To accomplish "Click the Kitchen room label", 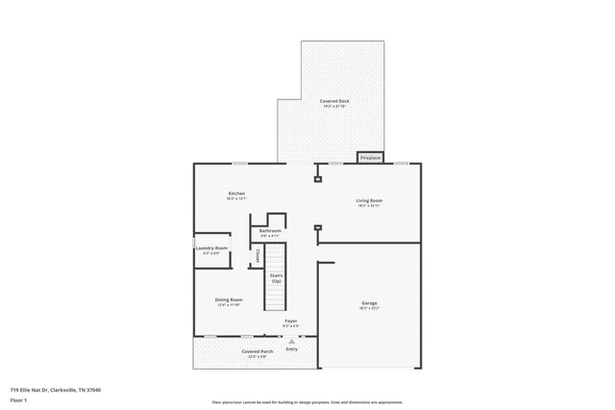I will (x=236, y=193).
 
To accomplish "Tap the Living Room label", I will (x=370, y=200).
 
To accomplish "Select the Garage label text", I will (x=369, y=302).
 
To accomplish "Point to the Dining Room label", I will (x=229, y=299).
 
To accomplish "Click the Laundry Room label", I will (x=211, y=248).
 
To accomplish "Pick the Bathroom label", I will (x=270, y=231).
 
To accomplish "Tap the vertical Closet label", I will (x=258, y=255).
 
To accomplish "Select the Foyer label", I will (x=290, y=320).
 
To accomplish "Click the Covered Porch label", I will (x=258, y=351).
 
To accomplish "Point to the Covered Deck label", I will (x=334, y=100).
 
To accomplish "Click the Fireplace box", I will (x=370, y=157).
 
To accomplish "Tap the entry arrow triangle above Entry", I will (x=291, y=341).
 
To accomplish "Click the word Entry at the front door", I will (x=291, y=348).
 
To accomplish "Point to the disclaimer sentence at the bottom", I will (x=307, y=402).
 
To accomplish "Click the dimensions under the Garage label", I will (x=369, y=308).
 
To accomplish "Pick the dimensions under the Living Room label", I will (x=370, y=206).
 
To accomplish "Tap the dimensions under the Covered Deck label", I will (x=334, y=106).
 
